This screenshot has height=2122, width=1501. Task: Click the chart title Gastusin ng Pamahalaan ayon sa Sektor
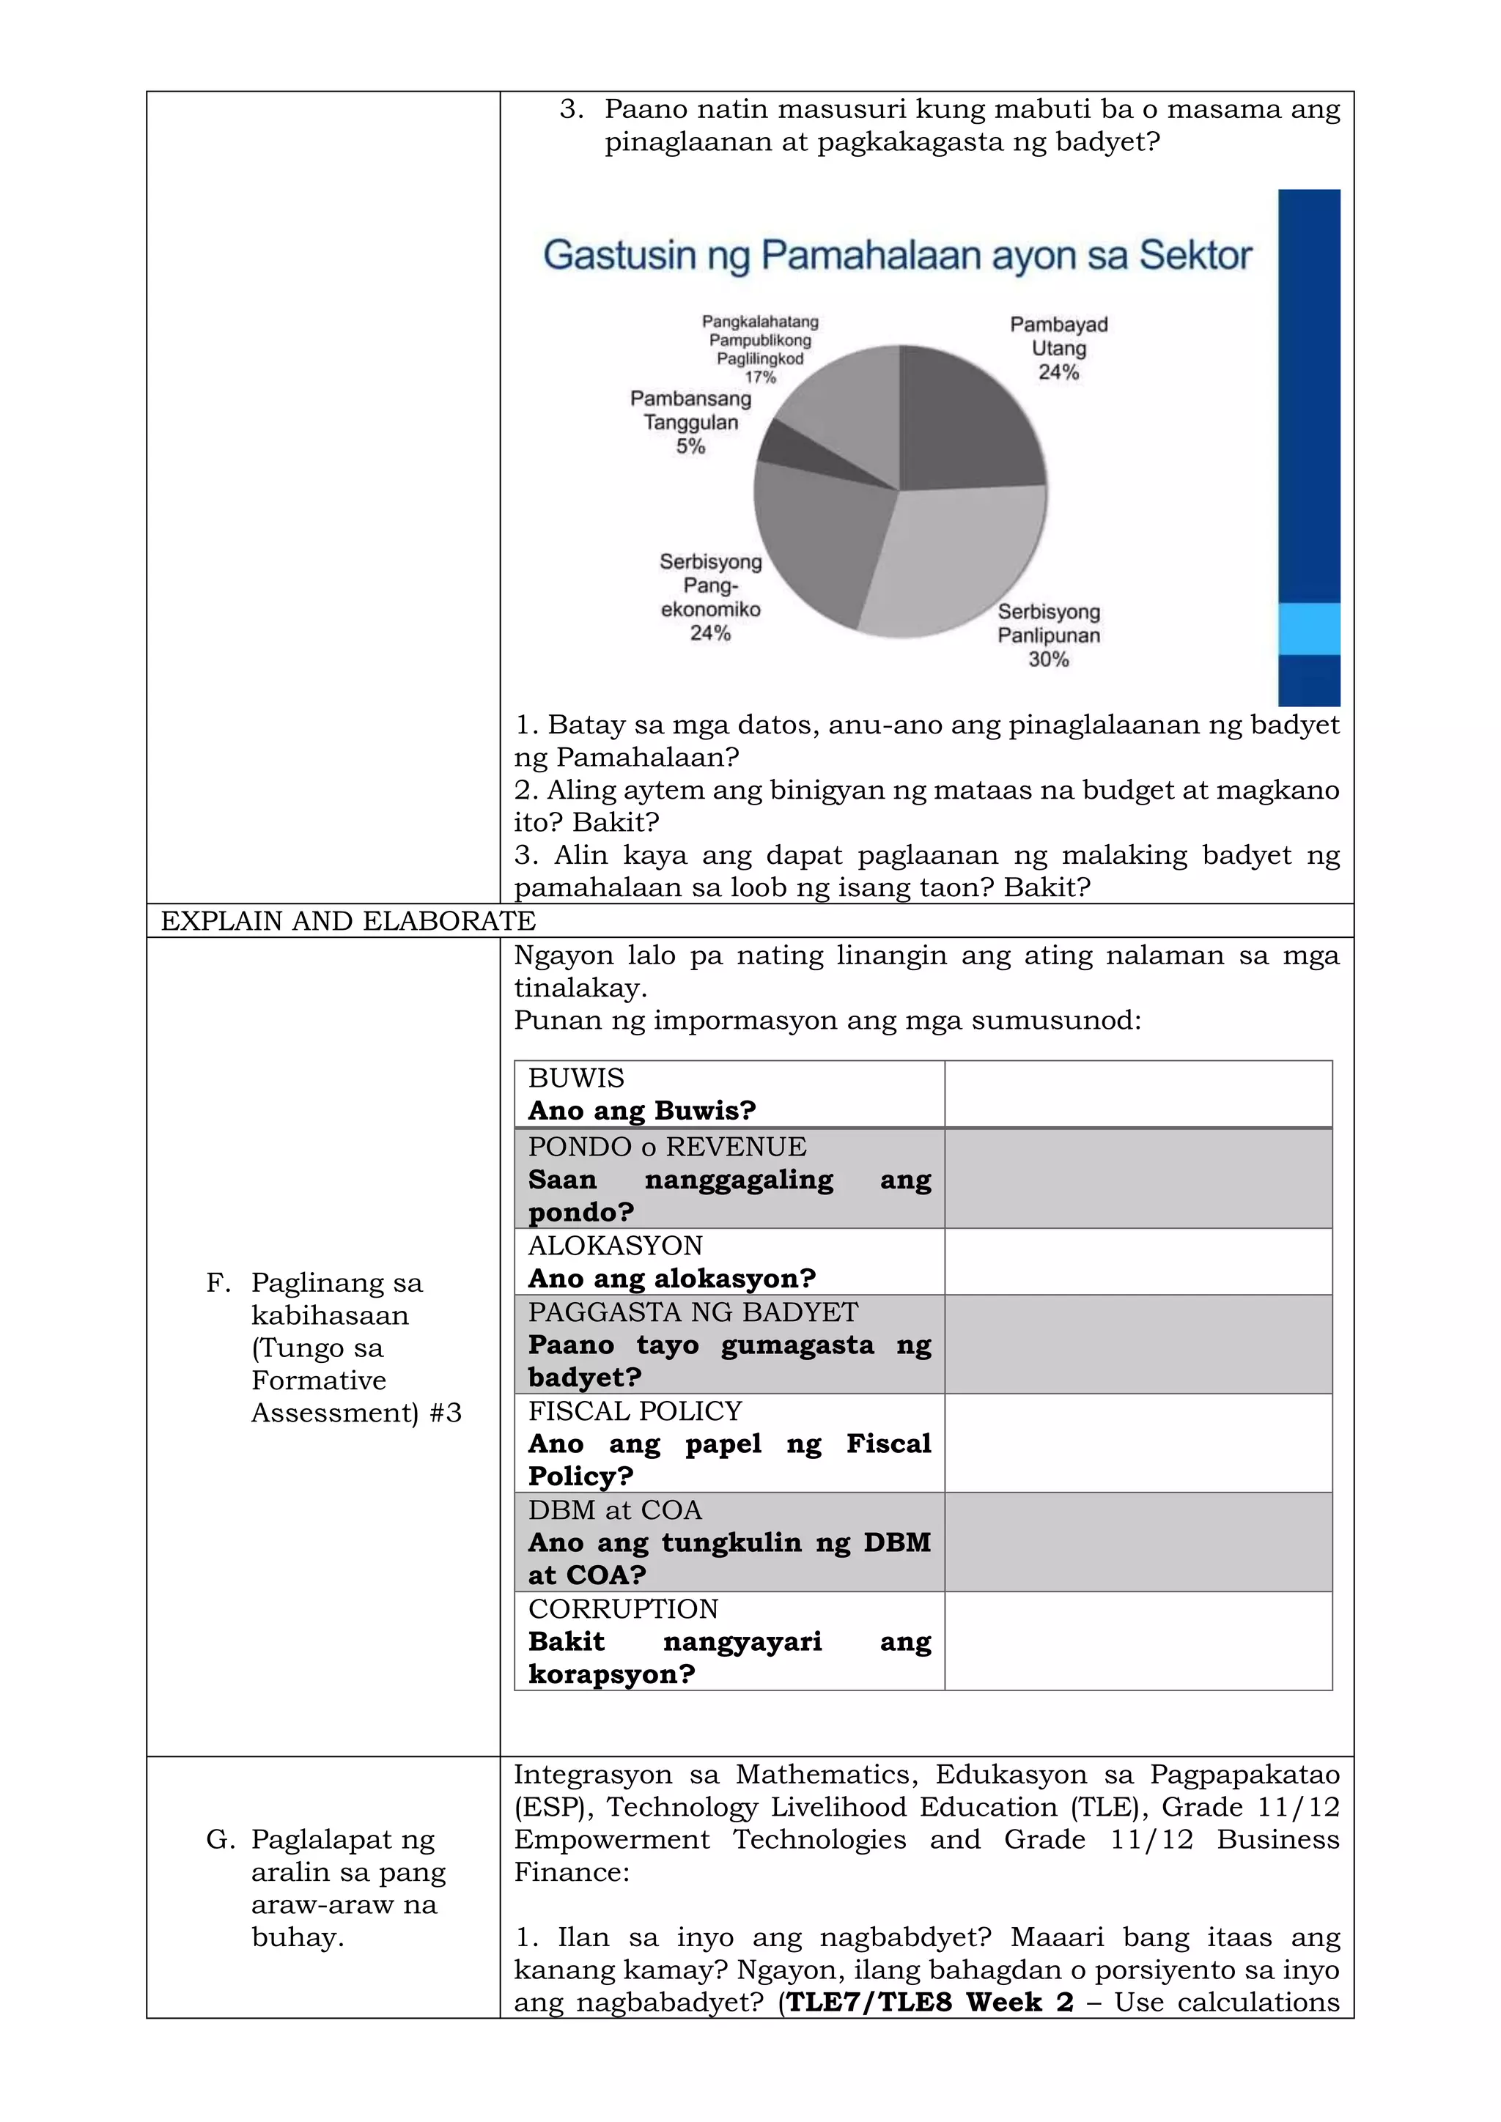pos(896,256)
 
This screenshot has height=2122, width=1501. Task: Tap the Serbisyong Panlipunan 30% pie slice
pos(952,563)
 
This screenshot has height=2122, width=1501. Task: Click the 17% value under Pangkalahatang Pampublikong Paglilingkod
pos(760,377)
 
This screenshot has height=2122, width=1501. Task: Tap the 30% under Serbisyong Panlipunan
pos(1048,659)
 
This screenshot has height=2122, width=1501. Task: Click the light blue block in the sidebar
pos(1309,629)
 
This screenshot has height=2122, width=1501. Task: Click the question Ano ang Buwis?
pos(641,1110)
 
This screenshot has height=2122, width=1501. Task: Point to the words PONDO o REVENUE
pos(666,1147)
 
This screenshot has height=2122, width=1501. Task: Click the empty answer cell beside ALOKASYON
pos(1137,1262)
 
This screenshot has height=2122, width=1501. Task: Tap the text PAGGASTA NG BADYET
pos(693,1312)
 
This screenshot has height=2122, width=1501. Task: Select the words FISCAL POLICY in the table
pos(634,1411)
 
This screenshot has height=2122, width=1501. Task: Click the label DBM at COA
pos(615,1510)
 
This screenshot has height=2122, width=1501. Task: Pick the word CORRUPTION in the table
pos(623,1609)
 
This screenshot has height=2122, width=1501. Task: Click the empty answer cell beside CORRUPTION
pos(1137,1641)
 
